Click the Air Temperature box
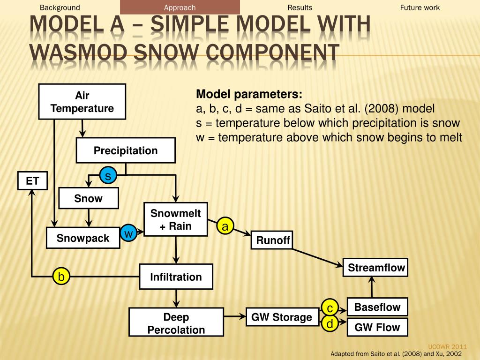pyautogui.click(x=82, y=102)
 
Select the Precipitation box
pyautogui.click(x=126, y=150)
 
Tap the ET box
pyautogui.click(x=32, y=180)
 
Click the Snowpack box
pyautogui.click(x=83, y=238)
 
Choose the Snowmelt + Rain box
pyautogui.click(x=175, y=220)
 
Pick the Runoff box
pyautogui.click(x=273, y=241)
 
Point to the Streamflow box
pyautogui.click(x=376, y=268)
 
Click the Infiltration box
pyautogui.click(x=176, y=277)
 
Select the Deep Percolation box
pyautogui.click(x=176, y=323)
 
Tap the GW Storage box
pyautogui.click(x=282, y=317)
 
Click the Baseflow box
pyautogui.click(x=377, y=307)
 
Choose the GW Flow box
pyautogui.click(x=377, y=327)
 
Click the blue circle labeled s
pyautogui.click(x=108, y=176)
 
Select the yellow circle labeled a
pyautogui.click(x=225, y=227)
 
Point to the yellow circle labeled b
pyautogui.click(x=61, y=277)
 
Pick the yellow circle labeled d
pyautogui.click(x=330, y=323)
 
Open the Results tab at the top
pyautogui.click(x=300, y=7)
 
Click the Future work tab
pyautogui.click(x=420, y=7)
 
